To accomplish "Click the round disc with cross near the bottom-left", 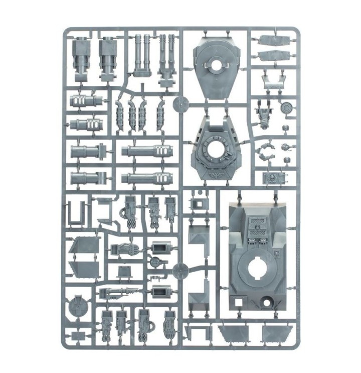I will (x=78, y=304).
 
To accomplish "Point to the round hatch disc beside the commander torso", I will (x=287, y=107).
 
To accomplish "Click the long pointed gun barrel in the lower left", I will (x=120, y=292).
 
